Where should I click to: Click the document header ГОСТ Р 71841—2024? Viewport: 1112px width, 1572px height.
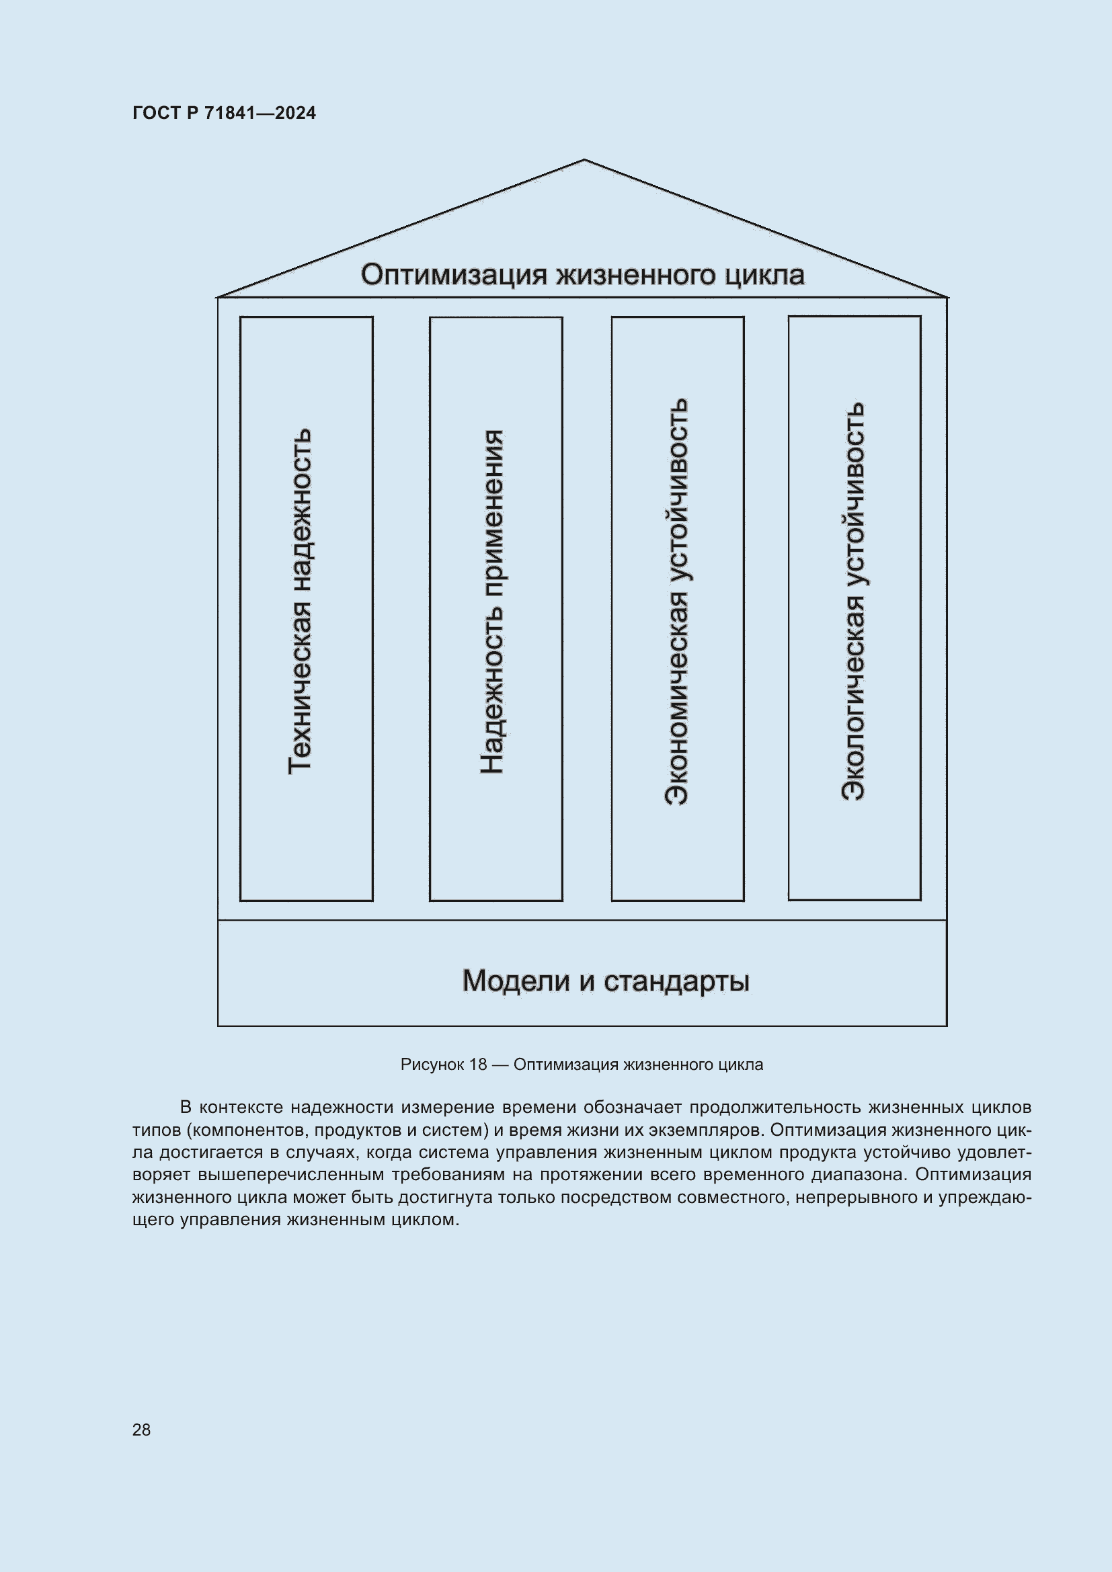click(x=224, y=113)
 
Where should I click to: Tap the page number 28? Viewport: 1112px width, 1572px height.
click(x=141, y=1430)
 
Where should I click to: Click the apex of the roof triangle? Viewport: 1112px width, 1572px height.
click(x=584, y=160)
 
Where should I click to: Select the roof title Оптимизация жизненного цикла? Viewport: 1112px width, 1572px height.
click(x=582, y=275)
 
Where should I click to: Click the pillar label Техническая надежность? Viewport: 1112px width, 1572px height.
click(x=300, y=602)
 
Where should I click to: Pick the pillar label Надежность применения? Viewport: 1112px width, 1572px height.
click(x=491, y=602)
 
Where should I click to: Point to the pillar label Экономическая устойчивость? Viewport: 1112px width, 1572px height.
click(x=676, y=602)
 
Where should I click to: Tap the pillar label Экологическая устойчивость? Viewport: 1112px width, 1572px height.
click(x=853, y=602)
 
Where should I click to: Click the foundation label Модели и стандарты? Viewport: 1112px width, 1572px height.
click(x=605, y=981)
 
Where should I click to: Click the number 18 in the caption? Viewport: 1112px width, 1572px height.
click(x=478, y=1065)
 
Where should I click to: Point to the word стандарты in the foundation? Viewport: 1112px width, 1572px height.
click(x=676, y=981)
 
